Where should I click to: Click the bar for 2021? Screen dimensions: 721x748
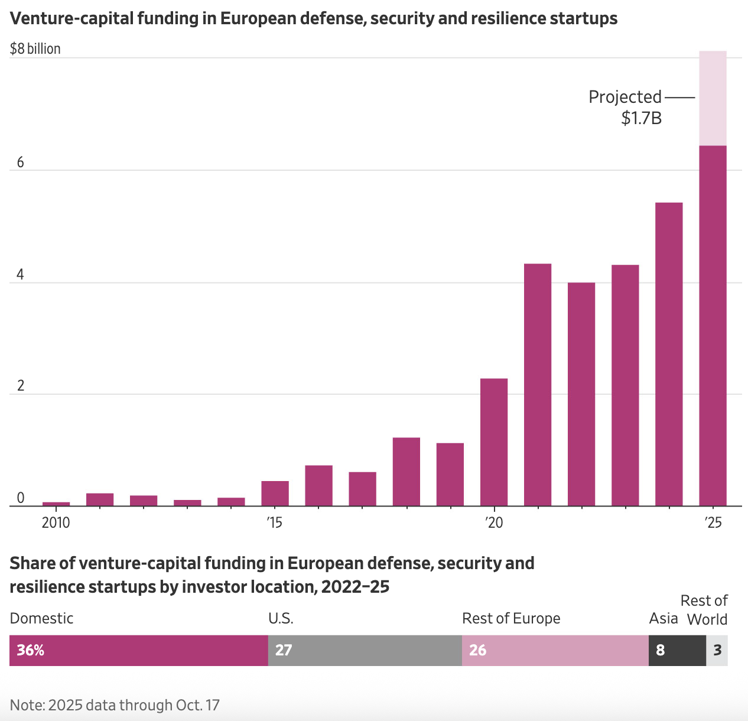point(538,384)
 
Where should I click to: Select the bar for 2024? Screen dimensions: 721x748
point(669,355)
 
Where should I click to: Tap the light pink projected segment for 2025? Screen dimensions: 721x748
point(713,98)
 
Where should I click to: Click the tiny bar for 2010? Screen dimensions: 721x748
point(56,504)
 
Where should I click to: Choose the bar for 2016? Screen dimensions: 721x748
point(319,485)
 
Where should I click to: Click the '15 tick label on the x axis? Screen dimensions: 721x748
point(274,523)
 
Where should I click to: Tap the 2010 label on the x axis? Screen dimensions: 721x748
point(56,523)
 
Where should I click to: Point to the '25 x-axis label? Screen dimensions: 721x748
point(714,523)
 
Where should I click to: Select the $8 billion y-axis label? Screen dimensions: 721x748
point(35,48)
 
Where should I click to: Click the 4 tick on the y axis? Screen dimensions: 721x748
point(21,275)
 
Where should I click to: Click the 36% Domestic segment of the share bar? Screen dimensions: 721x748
point(139,650)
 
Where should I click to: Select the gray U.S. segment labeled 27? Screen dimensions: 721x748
point(365,650)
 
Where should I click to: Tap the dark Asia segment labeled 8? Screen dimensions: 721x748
point(677,650)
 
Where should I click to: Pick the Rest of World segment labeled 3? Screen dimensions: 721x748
point(717,650)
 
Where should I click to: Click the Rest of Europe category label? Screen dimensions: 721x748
point(511,619)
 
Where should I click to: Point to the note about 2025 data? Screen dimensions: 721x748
point(115,705)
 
